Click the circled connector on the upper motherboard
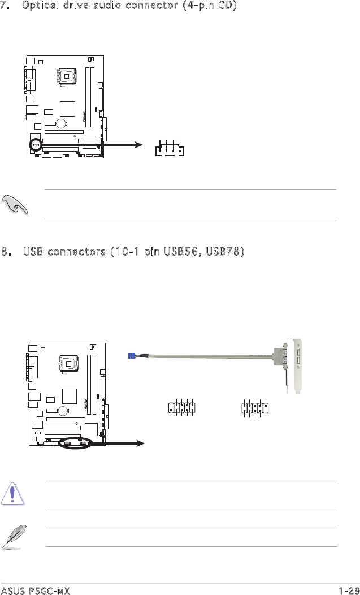click(36, 145)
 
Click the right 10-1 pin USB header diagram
click(255, 408)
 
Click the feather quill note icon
click(13, 537)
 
